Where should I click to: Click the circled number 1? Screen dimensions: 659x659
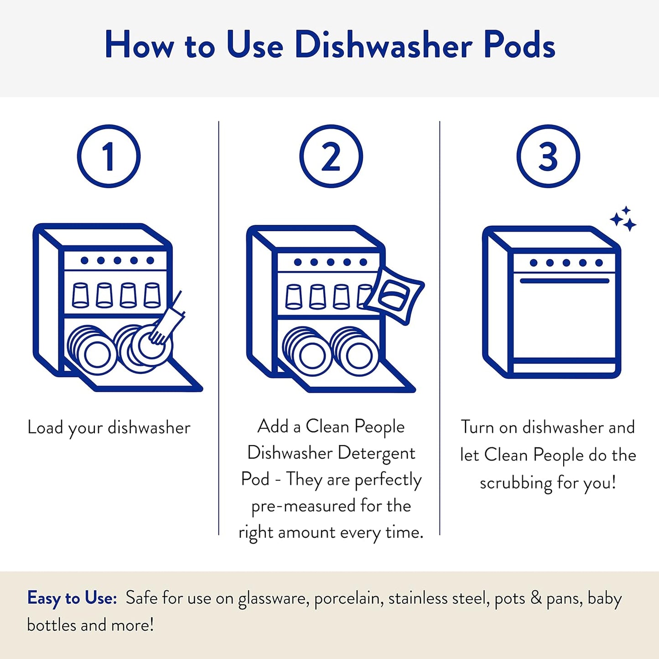coord(109,156)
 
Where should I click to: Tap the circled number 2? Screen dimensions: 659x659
coord(331,156)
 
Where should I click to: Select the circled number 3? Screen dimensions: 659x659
coord(548,156)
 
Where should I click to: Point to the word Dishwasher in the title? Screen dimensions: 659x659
coord(384,45)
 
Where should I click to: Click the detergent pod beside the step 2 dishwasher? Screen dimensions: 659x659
coord(395,295)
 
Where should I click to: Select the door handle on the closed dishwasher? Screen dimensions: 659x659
coord(565,280)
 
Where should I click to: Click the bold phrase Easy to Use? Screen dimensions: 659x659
coord(72,598)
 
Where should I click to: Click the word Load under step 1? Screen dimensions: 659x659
coord(45,427)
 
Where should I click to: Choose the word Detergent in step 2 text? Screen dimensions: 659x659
coord(376,453)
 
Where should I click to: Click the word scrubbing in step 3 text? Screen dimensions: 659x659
coord(516,483)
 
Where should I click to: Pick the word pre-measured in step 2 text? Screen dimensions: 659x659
coord(303,506)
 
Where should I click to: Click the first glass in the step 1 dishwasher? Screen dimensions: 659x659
coord(81,295)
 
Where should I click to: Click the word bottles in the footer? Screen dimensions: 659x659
coord(52,625)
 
